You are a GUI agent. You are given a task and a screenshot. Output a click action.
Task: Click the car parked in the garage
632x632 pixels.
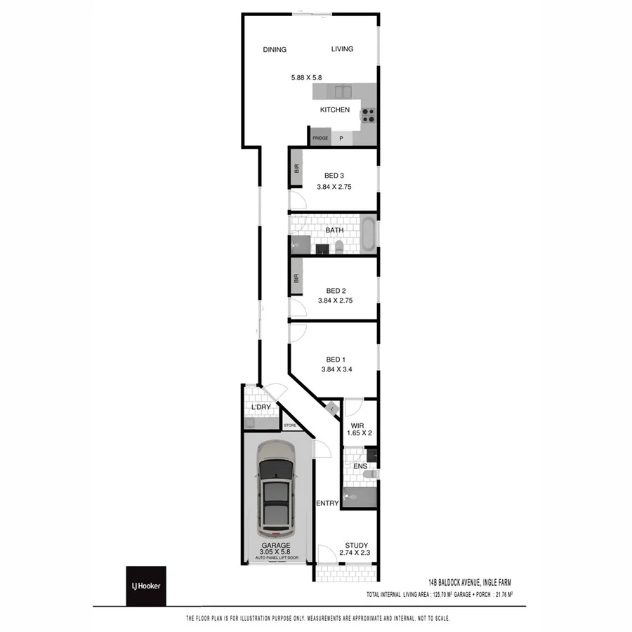tap(275, 486)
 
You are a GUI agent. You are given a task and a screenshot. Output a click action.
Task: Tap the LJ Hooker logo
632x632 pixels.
tap(146, 586)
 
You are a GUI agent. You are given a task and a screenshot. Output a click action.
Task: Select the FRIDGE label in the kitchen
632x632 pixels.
tap(320, 138)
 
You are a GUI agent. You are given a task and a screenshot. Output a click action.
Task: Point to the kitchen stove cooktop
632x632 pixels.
tap(369, 116)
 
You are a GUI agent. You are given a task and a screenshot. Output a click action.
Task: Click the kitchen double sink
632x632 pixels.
tap(342, 92)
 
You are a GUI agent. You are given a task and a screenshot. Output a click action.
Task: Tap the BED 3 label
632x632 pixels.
tap(334, 176)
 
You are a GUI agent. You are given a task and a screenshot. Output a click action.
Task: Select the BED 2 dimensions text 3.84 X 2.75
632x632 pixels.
tap(334, 301)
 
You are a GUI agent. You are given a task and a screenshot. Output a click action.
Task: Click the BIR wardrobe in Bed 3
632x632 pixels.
tap(296, 169)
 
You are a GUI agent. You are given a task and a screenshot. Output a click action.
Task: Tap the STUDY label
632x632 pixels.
tap(356, 545)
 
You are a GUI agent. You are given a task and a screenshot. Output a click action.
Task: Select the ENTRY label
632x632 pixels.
tap(327, 503)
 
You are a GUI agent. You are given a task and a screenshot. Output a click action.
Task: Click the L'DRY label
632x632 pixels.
tap(261, 407)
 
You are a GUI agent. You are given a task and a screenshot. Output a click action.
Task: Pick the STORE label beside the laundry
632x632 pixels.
tap(290, 426)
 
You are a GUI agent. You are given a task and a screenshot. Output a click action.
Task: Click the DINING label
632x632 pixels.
tap(275, 49)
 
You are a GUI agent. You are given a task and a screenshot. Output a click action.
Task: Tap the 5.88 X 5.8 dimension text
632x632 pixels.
tap(306, 78)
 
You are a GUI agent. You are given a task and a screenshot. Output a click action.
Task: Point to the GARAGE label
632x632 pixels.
tap(276, 545)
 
